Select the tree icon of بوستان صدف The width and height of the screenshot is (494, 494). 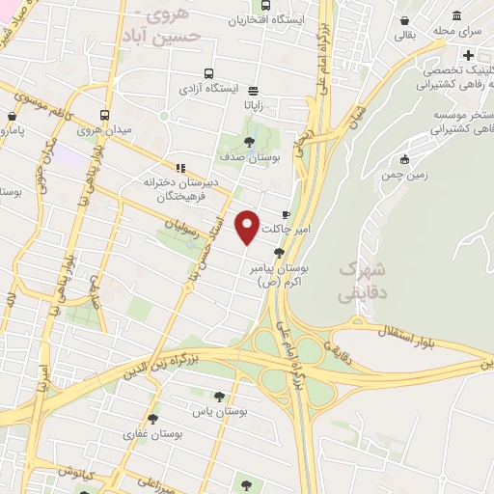tap(251, 142)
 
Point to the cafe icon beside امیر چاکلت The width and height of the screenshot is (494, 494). tap(285, 214)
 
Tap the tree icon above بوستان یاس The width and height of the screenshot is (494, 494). tap(219, 395)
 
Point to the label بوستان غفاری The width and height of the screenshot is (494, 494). tap(147, 435)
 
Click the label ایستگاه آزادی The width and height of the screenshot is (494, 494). tap(207, 89)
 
